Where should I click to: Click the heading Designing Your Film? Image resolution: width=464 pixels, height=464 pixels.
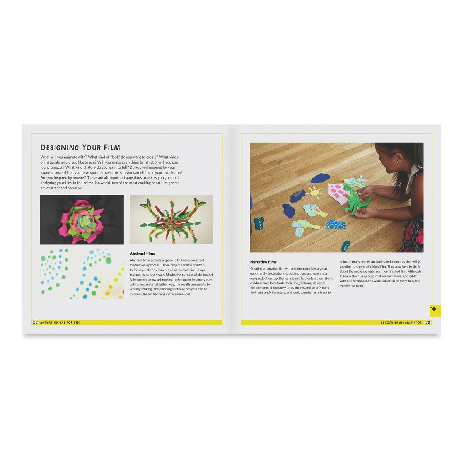click(80, 147)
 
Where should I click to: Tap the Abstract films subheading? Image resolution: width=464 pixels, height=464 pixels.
click(142, 254)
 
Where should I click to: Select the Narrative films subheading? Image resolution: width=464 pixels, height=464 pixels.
click(263, 262)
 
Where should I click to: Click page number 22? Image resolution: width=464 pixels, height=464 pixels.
click(35, 322)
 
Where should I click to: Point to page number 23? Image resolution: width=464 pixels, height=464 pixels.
click(427, 322)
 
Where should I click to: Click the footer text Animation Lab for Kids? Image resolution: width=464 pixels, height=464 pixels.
click(60, 322)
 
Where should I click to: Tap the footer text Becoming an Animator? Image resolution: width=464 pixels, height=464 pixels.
click(401, 322)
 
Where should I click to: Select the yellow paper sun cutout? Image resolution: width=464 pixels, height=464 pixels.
click(315, 193)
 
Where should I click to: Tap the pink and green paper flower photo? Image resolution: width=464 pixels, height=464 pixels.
click(82, 220)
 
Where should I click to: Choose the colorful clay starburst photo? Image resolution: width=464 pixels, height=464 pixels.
click(171, 220)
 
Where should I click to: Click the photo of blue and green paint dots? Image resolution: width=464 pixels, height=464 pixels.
click(82, 274)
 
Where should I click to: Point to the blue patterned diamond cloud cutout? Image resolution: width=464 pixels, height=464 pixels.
click(336, 224)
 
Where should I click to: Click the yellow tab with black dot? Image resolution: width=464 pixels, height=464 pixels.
click(435, 310)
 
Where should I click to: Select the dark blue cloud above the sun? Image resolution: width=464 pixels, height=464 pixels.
click(321, 178)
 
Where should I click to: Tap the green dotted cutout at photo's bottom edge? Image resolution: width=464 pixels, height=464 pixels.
click(346, 246)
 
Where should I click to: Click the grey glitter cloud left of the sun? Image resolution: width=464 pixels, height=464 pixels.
click(298, 196)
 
